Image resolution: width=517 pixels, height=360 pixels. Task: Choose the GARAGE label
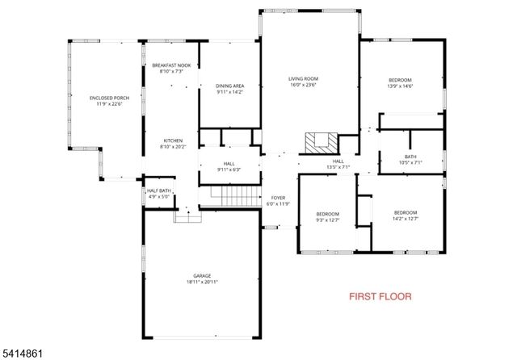tap(201, 275)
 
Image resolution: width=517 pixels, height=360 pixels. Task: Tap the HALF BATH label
tap(158, 190)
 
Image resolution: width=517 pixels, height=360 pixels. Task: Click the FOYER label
tap(278, 198)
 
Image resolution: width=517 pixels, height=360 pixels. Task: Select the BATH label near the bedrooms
tap(410, 157)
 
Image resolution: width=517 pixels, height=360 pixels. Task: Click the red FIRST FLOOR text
tap(380, 296)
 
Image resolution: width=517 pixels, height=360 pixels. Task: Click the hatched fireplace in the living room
tap(318, 143)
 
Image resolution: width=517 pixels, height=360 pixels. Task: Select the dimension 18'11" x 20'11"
tap(201, 282)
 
